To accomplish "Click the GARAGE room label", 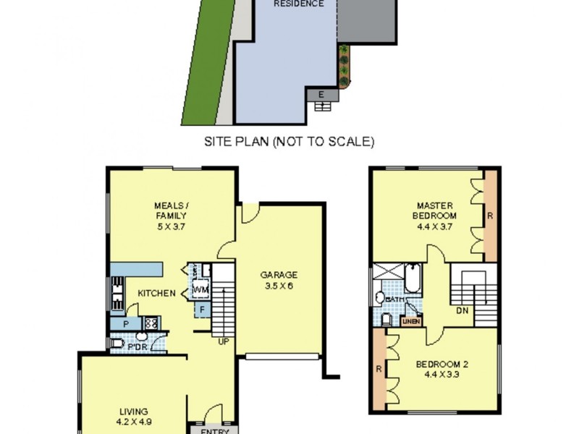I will click(279, 281).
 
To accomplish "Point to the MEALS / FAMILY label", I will click(171, 216).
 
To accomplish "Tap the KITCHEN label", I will click(157, 293).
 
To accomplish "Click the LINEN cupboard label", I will click(412, 320).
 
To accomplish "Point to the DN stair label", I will click(461, 311).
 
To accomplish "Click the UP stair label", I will click(224, 341).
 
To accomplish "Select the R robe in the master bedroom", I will click(490, 215).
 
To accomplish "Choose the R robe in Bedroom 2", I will click(379, 370).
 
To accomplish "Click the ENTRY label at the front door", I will click(213, 430).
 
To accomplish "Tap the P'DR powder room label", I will click(137, 345).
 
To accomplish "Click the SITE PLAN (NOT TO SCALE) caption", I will click(289, 142).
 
